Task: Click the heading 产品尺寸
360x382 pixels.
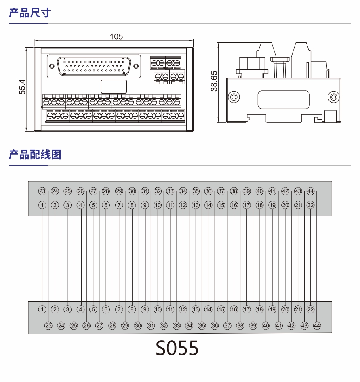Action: click(x=29, y=13)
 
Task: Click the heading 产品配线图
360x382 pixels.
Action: click(x=35, y=154)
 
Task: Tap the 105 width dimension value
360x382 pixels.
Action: click(x=116, y=36)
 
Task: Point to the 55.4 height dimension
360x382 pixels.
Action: click(x=23, y=87)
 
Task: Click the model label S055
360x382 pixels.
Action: click(x=177, y=348)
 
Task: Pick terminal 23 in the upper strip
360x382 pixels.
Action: click(x=42, y=191)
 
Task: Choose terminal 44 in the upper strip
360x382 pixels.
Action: click(x=310, y=191)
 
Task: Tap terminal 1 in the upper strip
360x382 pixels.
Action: click(x=42, y=205)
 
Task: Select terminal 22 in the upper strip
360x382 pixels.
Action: click(x=310, y=205)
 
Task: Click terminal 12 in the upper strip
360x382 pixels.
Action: click(x=183, y=205)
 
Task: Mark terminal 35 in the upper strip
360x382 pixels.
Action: click(x=196, y=191)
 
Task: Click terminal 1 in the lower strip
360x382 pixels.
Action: click(x=42, y=310)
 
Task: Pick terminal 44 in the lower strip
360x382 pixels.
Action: click(x=317, y=325)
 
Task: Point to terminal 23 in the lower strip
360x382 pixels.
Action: click(x=48, y=325)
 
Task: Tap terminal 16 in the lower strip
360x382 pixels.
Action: click(x=234, y=310)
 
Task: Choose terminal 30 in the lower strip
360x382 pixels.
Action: click(x=138, y=325)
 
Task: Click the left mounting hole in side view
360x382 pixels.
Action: click(x=233, y=97)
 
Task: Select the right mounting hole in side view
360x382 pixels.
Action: click(x=333, y=97)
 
